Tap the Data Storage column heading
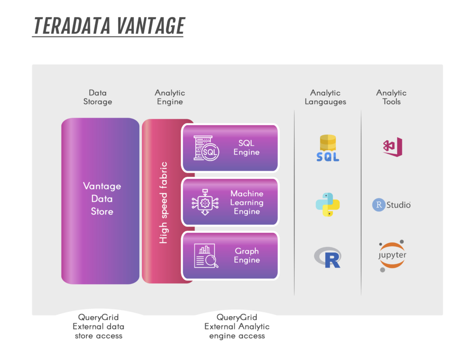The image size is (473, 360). pyautogui.click(x=97, y=97)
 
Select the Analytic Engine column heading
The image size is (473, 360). pyautogui.click(x=170, y=97)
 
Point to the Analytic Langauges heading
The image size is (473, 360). pyautogui.click(x=325, y=97)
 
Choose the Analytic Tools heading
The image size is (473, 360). pyautogui.click(x=391, y=97)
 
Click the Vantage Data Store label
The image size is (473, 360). pyautogui.click(x=102, y=199)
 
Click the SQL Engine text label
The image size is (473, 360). pyautogui.click(x=246, y=148)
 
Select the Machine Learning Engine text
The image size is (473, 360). pyautogui.click(x=247, y=202)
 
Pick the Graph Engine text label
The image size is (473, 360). pyautogui.click(x=247, y=256)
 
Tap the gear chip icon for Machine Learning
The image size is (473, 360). pyautogui.click(x=205, y=202)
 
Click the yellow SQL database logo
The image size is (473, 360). pyautogui.click(x=327, y=148)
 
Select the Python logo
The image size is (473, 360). pyautogui.click(x=327, y=204)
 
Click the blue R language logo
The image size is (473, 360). pyautogui.click(x=327, y=258)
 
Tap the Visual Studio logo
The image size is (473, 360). pyautogui.click(x=393, y=147)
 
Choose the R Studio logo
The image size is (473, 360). pyautogui.click(x=391, y=204)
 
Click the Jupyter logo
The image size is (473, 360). pyautogui.click(x=392, y=255)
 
